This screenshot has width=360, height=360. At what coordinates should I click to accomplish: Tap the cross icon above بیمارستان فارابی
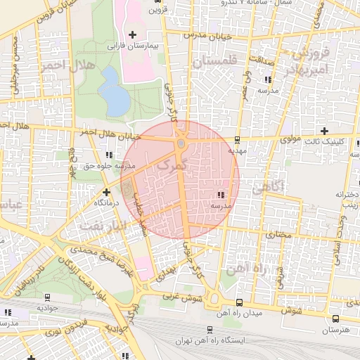pos(132,34)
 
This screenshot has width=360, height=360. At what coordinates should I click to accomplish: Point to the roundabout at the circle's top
pos(181,143)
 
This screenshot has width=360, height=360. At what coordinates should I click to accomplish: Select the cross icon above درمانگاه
pos(106,191)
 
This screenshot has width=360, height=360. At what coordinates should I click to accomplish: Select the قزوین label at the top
pos(157,11)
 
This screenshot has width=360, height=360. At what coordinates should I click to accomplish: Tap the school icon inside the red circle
pos(221,194)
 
